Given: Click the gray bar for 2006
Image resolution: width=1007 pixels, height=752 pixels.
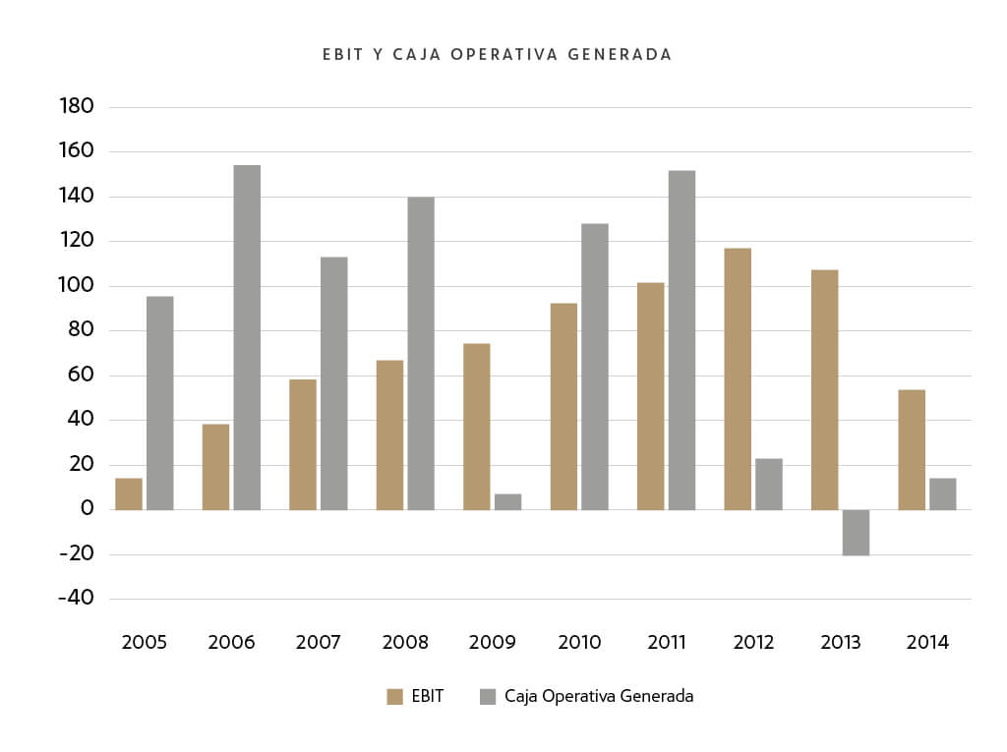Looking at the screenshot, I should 247,337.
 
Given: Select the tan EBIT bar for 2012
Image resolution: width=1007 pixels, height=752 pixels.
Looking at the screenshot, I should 738,378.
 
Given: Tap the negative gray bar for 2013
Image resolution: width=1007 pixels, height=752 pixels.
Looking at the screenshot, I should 856,532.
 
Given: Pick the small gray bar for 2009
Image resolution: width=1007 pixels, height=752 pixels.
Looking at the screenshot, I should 507,501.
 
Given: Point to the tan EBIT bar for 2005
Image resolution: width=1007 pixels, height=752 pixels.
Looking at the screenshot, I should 129,493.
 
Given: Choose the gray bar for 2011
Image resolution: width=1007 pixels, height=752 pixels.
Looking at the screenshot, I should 681,340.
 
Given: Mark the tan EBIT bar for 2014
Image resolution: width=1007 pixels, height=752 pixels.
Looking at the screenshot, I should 912,449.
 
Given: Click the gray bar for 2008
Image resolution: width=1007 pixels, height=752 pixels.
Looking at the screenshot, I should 421,353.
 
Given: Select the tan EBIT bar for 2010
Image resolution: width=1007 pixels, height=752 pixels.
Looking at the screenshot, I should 563,406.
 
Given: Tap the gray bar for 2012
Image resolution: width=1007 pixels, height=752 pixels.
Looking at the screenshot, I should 769,484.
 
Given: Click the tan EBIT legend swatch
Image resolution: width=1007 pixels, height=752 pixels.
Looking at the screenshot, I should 395,697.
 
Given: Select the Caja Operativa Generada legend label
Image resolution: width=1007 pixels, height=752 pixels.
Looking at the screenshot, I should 599,696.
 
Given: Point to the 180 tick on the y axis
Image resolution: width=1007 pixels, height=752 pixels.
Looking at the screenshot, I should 76,106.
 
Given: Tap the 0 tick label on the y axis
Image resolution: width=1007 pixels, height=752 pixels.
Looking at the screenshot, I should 87,508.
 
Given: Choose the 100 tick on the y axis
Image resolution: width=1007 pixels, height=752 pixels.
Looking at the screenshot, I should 76,285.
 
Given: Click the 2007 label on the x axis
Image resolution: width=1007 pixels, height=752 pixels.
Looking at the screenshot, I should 319,643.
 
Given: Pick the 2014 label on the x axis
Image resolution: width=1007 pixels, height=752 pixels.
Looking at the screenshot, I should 927,643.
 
